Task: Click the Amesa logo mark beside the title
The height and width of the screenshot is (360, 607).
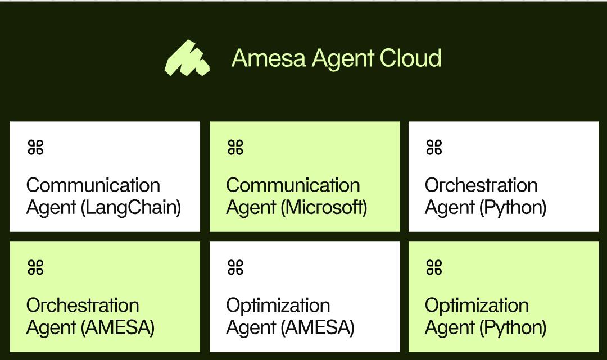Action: click(187, 58)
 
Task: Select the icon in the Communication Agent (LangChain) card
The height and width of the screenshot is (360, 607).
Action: click(35, 148)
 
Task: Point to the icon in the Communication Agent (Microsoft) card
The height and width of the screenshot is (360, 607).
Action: click(235, 148)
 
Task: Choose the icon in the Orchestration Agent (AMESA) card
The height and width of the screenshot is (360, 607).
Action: click(35, 268)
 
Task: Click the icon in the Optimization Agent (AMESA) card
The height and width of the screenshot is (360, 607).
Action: click(235, 268)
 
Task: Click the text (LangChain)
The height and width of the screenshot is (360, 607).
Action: click(131, 208)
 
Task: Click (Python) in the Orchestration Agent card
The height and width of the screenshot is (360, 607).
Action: click(513, 208)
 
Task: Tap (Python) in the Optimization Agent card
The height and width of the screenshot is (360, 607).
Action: click(513, 327)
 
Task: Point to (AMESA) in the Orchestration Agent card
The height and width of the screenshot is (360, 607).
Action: click(118, 327)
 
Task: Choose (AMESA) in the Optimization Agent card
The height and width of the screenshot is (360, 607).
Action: click(318, 327)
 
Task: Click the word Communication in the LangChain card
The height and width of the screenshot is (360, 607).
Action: click(93, 185)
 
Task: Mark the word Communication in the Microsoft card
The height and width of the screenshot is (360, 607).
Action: click(293, 185)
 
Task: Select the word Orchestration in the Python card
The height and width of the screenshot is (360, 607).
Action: click(481, 185)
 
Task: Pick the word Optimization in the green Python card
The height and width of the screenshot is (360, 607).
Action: click(477, 306)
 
